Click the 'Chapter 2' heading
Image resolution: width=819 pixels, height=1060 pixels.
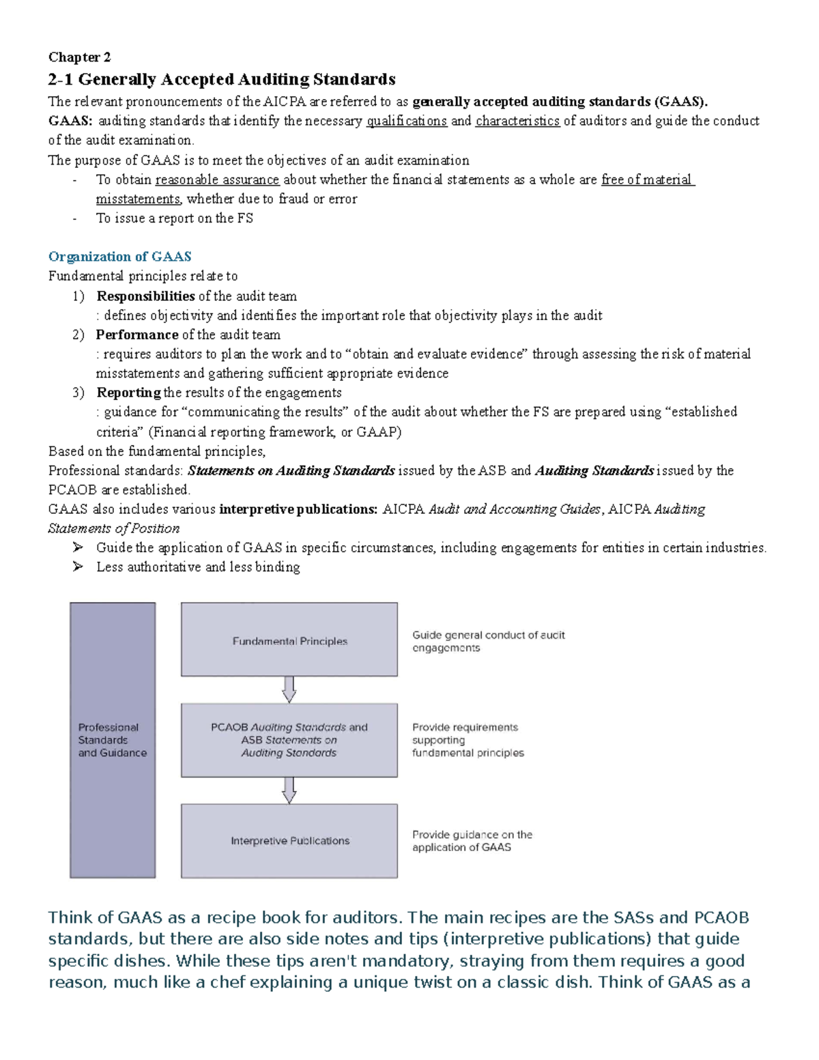coord(79,57)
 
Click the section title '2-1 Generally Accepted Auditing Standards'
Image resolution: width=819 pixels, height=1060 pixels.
coord(222,80)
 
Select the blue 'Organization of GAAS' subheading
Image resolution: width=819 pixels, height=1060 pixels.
coord(119,257)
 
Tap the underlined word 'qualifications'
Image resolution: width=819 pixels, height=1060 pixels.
coord(407,121)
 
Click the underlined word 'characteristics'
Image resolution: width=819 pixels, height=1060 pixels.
coord(517,121)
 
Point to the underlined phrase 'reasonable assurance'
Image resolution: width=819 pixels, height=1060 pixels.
coord(217,180)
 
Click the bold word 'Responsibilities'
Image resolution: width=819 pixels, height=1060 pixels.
coord(145,296)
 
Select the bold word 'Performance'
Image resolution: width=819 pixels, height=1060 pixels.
coord(136,335)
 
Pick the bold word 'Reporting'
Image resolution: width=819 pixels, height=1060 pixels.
coord(128,393)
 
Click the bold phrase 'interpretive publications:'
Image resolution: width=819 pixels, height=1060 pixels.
coord(298,509)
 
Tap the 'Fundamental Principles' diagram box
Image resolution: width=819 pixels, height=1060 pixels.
coord(289,640)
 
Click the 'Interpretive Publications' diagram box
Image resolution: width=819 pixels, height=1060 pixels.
coord(289,841)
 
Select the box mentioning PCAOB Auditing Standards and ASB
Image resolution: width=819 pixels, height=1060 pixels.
coord(289,741)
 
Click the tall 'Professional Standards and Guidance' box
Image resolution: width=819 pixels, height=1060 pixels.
coord(113,740)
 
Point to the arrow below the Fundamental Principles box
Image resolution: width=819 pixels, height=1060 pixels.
coord(289,689)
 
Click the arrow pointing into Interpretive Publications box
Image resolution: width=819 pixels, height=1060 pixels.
coord(289,790)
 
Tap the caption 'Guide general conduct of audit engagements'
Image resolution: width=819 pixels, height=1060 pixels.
coord(488,642)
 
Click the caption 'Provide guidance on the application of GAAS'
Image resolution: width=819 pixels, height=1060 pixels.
coord(472,841)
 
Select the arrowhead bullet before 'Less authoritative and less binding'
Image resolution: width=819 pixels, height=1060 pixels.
coord(78,567)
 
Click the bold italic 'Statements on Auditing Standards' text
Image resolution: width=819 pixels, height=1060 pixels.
coord(291,471)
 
